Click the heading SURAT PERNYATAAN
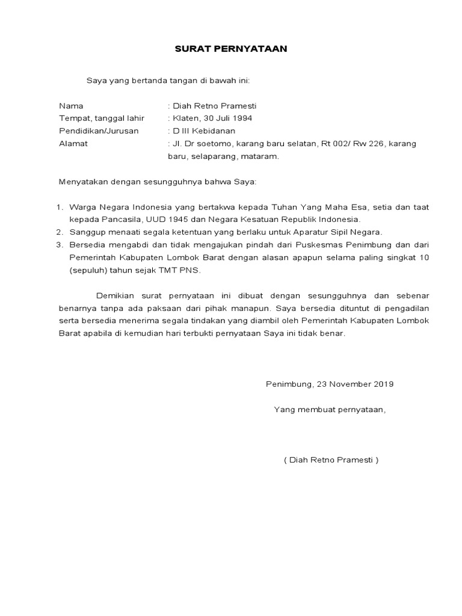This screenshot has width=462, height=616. click(x=231, y=49)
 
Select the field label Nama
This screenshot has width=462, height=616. click(x=71, y=105)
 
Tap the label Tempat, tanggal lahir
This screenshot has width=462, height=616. click(x=102, y=118)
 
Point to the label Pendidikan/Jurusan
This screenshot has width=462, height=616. click(x=99, y=131)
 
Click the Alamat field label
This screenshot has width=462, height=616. click(x=73, y=143)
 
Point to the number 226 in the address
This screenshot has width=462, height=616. click(x=376, y=143)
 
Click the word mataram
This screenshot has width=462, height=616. click(x=262, y=156)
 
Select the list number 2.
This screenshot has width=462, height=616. click(x=60, y=232)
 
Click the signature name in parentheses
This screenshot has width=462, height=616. click(x=331, y=460)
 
